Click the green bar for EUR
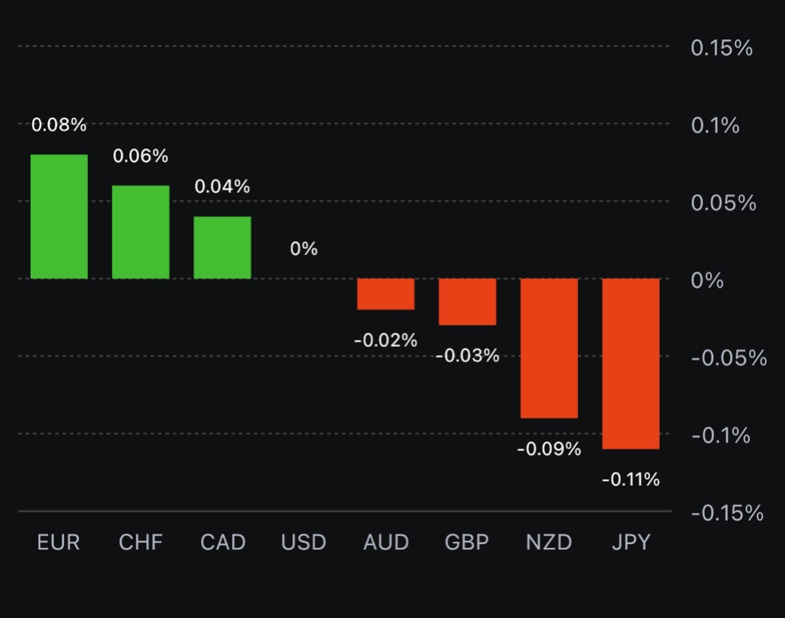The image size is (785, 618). coord(59,216)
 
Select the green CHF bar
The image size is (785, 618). coord(140,232)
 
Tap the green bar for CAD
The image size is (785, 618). coord(222,247)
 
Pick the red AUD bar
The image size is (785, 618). coord(386,294)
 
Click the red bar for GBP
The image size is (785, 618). coord(467,302)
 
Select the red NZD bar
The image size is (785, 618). coord(549,348)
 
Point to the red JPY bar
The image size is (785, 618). coord(631,364)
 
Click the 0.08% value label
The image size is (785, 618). coord(59,125)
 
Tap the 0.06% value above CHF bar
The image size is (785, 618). coord(140,156)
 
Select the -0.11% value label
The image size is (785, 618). coord(631,479)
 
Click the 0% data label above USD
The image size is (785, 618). coord(304,249)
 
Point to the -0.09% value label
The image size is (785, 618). coord(549,450)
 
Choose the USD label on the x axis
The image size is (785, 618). coord(304,542)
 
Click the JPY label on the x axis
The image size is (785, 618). coord(631,542)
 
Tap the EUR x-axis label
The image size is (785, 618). coord(59,542)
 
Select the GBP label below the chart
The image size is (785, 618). coord(467,542)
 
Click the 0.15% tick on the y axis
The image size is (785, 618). coord(722,48)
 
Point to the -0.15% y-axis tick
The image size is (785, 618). coord(727,513)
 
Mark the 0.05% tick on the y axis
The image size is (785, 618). coord(724,203)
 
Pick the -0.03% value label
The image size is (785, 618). coord(467,356)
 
